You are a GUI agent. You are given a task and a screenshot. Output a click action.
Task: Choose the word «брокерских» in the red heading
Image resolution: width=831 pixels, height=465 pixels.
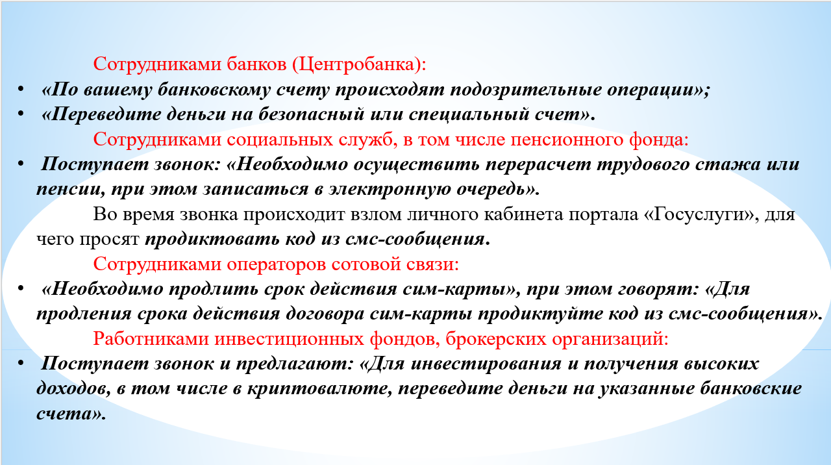[495, 339]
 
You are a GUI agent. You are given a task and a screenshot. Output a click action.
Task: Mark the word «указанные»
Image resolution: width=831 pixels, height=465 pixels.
[646, 389]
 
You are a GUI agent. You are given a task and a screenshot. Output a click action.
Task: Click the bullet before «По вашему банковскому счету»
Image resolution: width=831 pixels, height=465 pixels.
[21, 89]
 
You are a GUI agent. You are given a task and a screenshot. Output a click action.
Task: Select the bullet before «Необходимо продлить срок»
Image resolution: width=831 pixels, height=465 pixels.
[21, 288]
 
